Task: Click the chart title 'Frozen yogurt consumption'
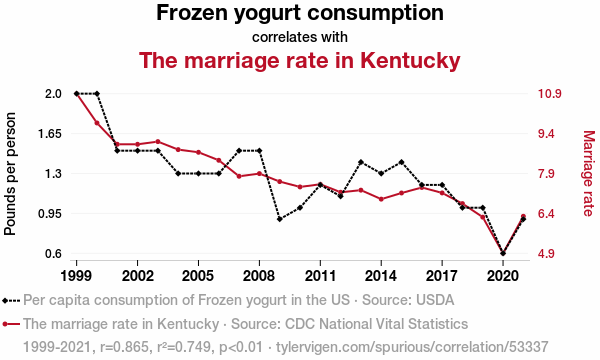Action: (x=300, y=13)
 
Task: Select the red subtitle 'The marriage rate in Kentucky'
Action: (x=300, y=60)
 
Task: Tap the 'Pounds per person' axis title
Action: (x=10, y=174)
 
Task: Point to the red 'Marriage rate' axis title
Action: (x=589, y=173)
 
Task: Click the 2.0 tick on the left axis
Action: (x=54, y=94)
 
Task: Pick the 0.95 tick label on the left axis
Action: (x=50, y=213)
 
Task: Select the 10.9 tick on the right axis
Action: (x=550, y=94)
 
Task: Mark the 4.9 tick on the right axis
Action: (x=546, y=254)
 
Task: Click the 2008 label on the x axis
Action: (x=259, y=275)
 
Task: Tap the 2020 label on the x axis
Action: (x=503, y=275)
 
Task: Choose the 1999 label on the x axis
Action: (x=76, y=275)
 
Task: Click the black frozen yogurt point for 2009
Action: (x=280, y=219)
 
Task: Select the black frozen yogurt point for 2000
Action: (x=97, y=94)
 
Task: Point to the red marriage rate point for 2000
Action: (x=97, y=123)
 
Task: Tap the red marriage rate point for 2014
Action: (x=381, y=199)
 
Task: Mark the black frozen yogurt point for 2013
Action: (x=361, y=162)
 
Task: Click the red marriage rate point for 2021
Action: (x=523, y=217)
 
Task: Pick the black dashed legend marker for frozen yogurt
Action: (x=11, y=301)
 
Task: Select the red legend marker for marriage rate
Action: (x=11, y=324)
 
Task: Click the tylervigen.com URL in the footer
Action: (x=412, y=347)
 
